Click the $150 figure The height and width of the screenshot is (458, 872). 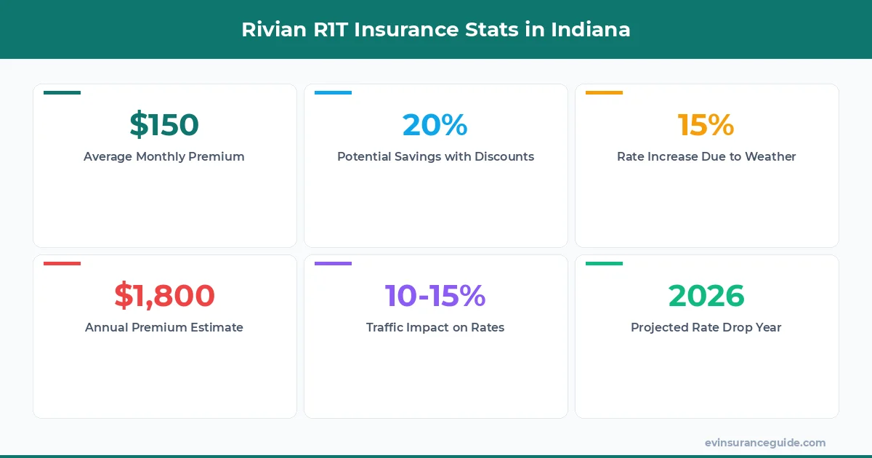[164, 125]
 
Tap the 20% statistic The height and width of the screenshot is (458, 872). [435, 125]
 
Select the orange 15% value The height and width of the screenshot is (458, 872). [706, 125]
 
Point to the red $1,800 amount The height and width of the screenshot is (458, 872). [164, 296]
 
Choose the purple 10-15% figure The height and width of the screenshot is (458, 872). [435, 296]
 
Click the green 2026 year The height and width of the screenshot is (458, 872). [706, 296]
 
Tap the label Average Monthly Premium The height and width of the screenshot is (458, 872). [164, 156]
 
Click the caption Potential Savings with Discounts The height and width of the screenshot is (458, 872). [435, 156]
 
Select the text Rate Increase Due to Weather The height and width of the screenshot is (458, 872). [706, 156]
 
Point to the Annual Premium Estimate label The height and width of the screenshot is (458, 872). [164, 327]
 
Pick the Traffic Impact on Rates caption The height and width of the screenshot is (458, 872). [435, 327]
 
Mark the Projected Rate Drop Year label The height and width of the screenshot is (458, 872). [706, 327]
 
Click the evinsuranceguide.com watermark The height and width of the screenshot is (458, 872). [765, 442]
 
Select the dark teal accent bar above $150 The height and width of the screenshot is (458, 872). [62, 92]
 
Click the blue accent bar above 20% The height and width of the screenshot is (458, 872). [333, 92]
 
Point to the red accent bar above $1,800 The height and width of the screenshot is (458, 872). [62, 263]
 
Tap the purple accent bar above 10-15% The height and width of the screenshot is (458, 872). [333, 263]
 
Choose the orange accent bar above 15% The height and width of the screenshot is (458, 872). [604, 92]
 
